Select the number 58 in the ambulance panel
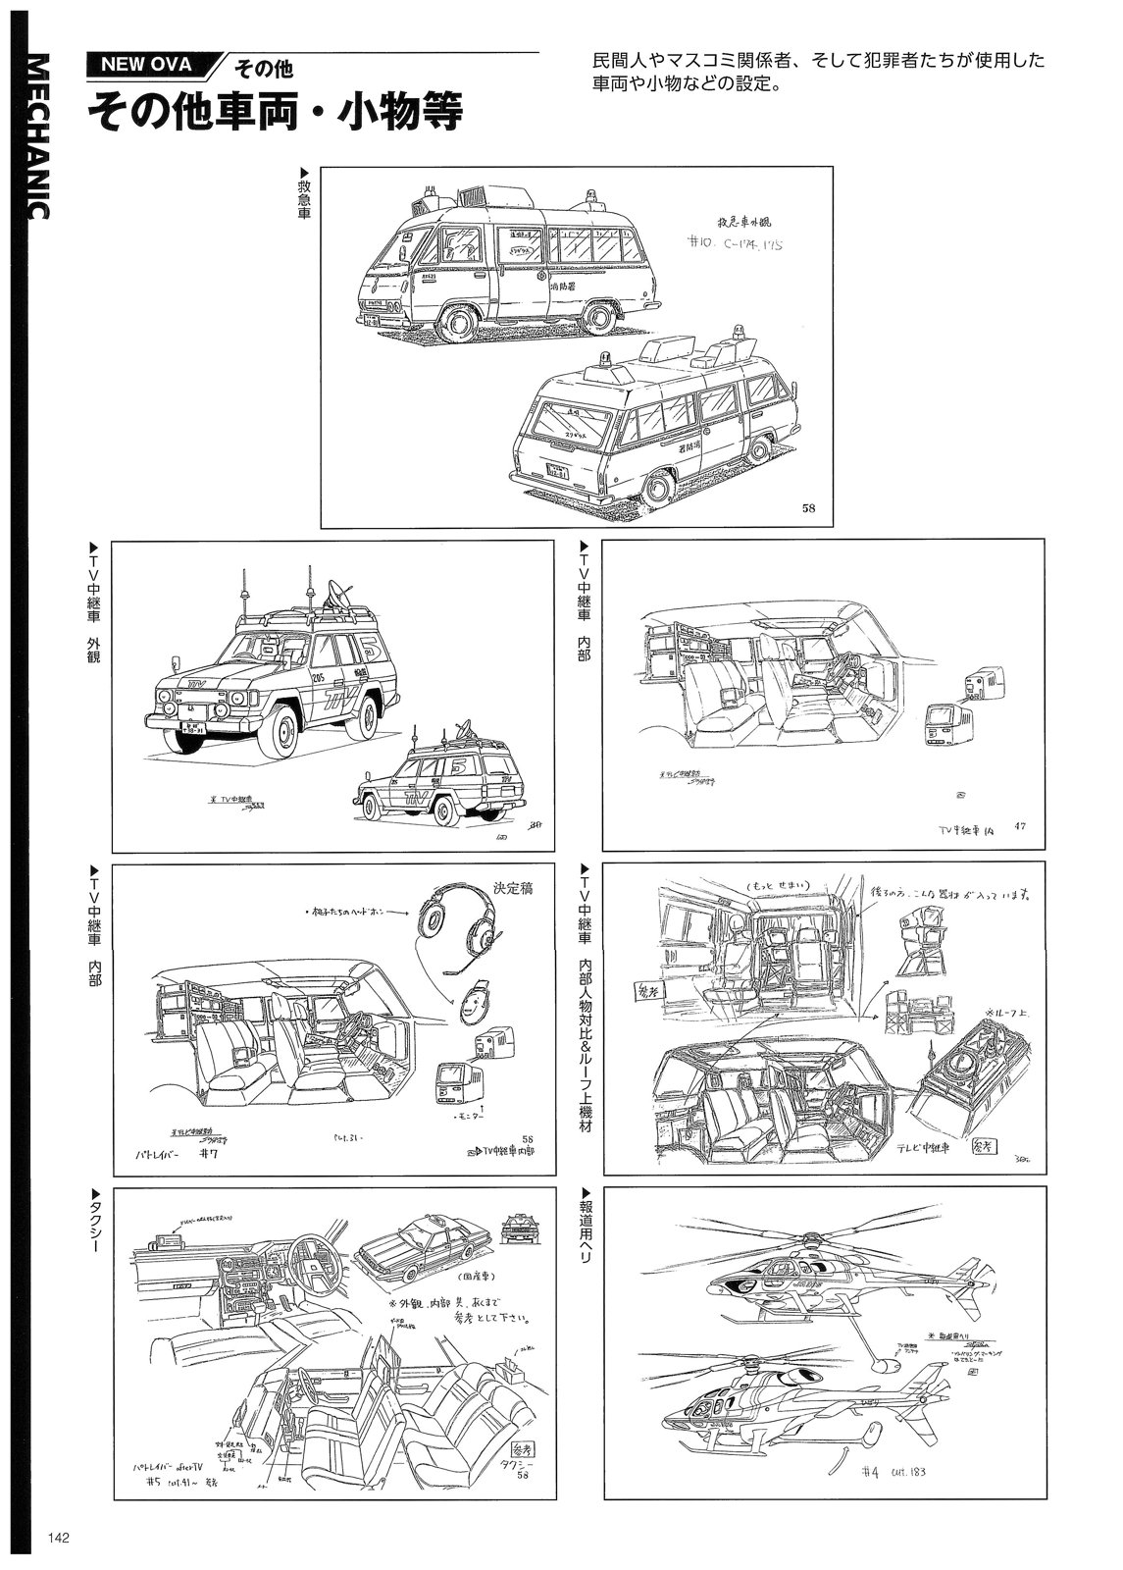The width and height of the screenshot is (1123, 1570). pyautogui.click(x=808, y=508)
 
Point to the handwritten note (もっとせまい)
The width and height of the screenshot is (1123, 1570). pyautogui.click(x=780, y=885)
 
